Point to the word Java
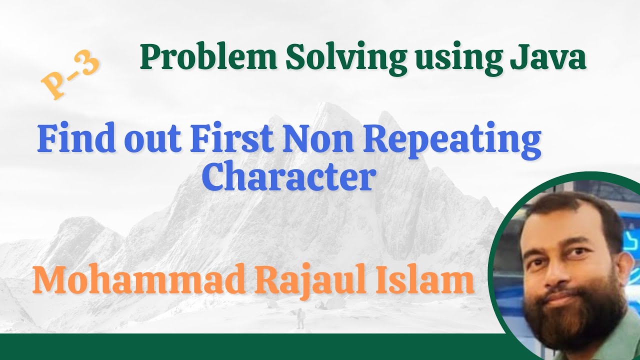pyautogui.click(x=547, y=58)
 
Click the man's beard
pyautogui.click(x=575, y=315)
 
